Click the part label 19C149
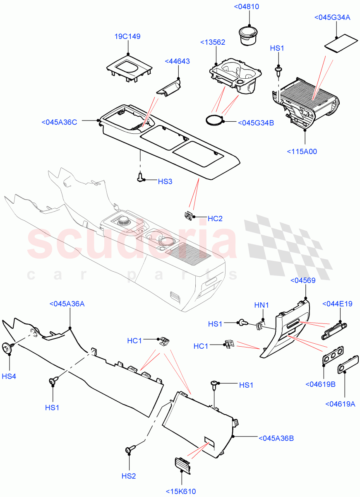pyautogui.click(x=127, y=36)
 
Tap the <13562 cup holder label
pyautogui.click(x=213, y=42)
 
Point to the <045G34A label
pyautogui.click(x=332, y=17)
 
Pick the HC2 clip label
pyautogui.click(x=215, y=219)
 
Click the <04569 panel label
pyautogui.click(x=303, y=280)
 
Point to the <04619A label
pyautogui.click(x=340, y=404)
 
